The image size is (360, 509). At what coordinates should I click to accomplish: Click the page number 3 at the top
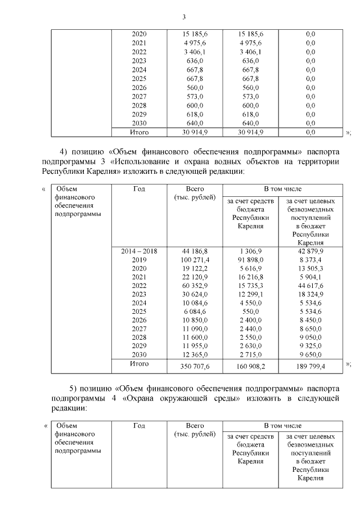pos(183,16)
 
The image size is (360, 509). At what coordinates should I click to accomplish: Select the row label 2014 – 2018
pos(139,251)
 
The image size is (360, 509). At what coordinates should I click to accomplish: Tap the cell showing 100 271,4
pos(195,260)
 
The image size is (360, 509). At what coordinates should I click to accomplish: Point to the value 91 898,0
pos(251,260)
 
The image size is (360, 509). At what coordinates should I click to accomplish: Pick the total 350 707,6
pos(195,366)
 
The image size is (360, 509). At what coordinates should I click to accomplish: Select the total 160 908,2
pos(251,366)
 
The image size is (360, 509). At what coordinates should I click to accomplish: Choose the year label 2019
pos(139,260)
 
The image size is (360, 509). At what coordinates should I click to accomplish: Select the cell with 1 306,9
pos(251,251)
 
